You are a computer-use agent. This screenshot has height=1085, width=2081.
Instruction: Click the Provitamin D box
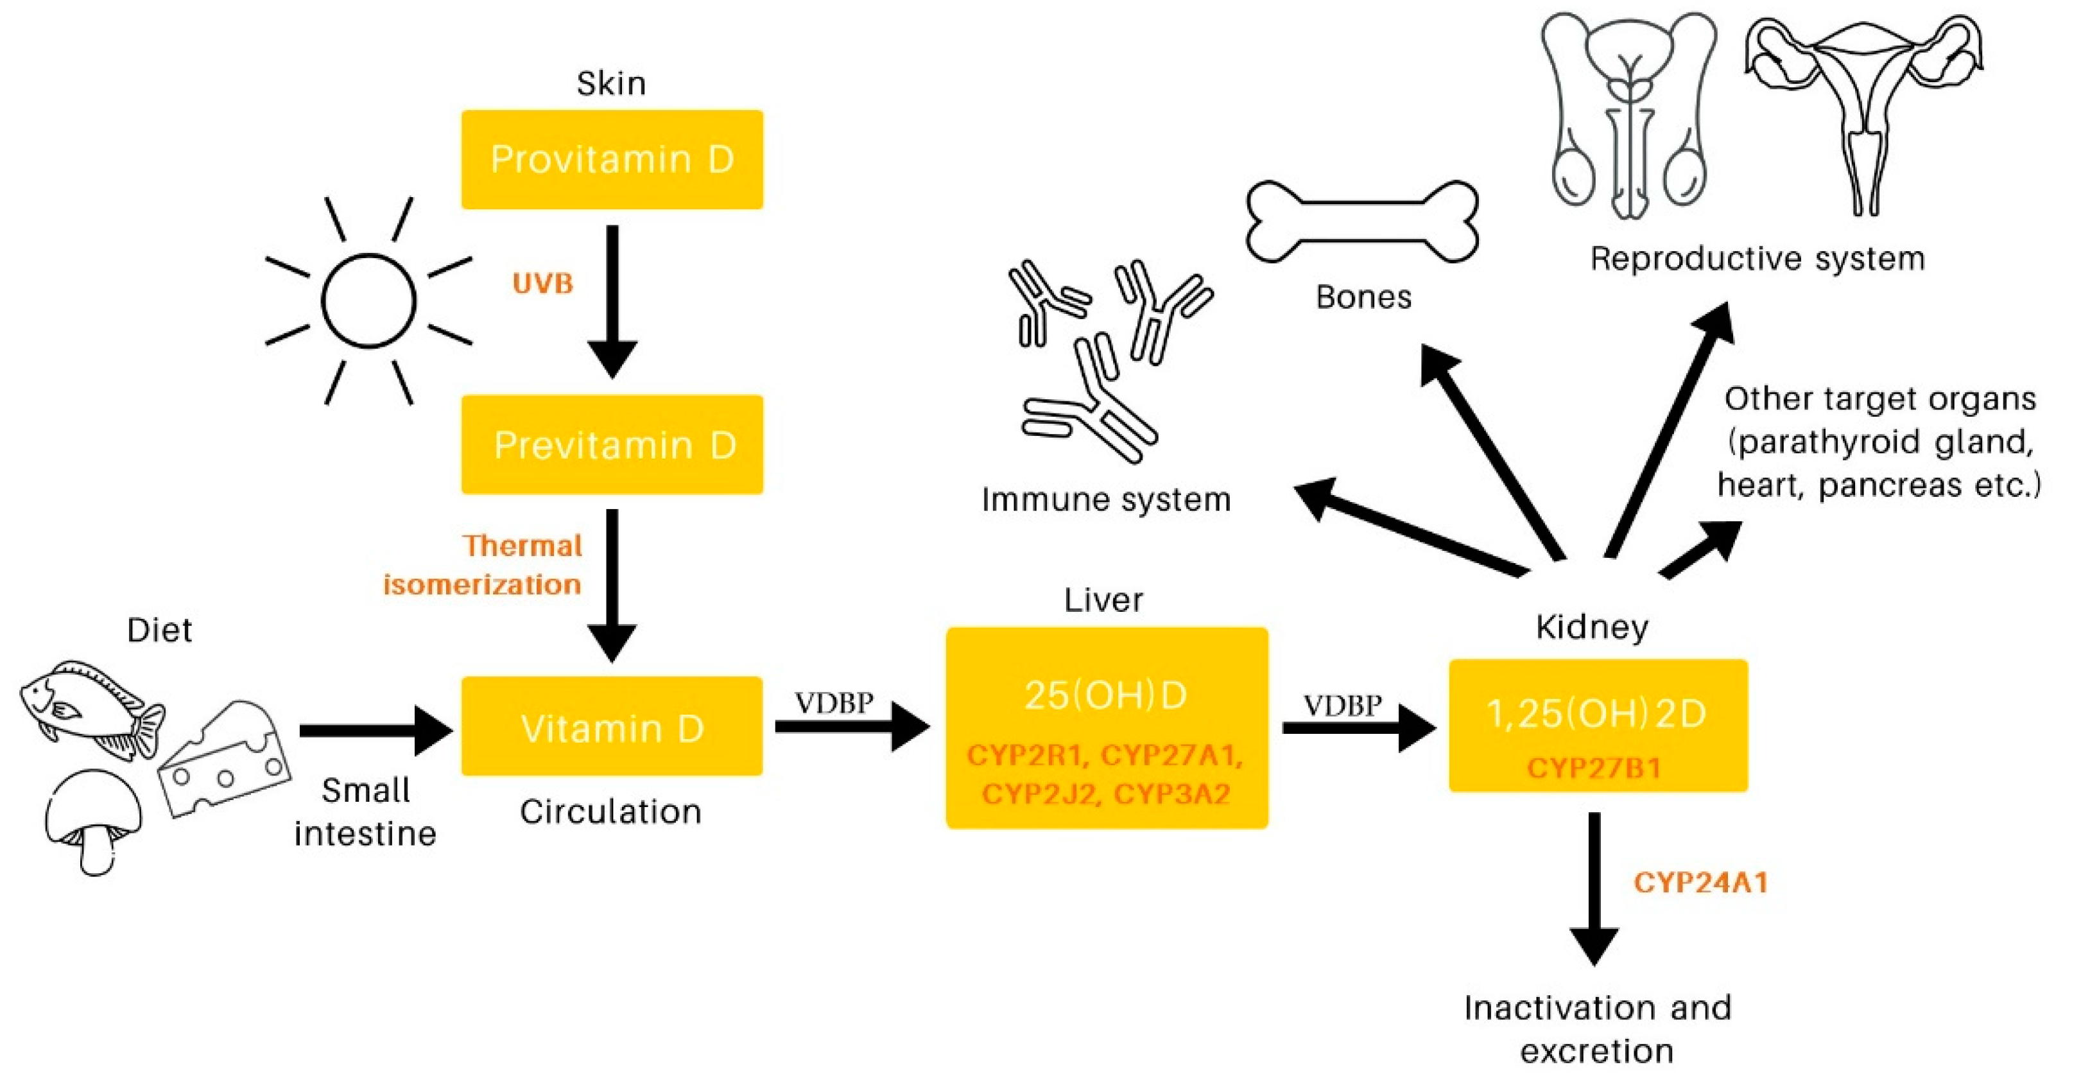click(x=612, y=159)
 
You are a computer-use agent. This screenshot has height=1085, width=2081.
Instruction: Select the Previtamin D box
click(x=612, y=444)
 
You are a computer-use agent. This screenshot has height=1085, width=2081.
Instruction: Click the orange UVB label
click(x=542, y=284)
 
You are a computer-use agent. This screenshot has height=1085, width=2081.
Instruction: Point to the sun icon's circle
click(x=368, y=300)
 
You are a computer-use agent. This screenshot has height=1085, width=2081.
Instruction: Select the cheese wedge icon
click(x=224, y=759)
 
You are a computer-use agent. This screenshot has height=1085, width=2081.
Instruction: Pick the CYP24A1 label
click(x=1700, y=881)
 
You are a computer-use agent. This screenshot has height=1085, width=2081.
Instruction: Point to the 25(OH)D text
click(x=1105, y=695)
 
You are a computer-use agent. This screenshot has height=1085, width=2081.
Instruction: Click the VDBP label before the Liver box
click(x=834, y=703)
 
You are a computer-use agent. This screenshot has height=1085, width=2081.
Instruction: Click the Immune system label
click(x=1105, y=499)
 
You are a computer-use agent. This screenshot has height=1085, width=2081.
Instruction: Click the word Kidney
click(x=1591, y=628)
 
